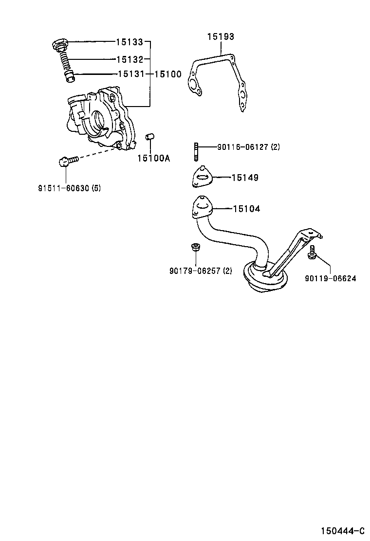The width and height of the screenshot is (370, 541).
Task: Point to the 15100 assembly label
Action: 168,74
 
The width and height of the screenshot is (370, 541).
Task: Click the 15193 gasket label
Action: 221,36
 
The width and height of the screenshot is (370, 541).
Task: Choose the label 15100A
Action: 153,158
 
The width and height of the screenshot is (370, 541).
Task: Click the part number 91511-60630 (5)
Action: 69,188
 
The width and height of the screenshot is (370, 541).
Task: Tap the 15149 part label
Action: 244,178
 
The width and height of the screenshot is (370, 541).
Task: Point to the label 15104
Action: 246,209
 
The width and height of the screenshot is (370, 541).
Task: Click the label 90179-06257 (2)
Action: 201,271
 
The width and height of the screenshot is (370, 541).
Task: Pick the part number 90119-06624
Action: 331,278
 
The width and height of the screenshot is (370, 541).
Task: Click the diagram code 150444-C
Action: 342,530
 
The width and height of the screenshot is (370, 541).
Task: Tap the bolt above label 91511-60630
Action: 67,161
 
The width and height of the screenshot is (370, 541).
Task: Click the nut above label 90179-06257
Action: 196,247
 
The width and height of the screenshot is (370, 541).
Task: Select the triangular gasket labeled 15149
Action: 202,177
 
